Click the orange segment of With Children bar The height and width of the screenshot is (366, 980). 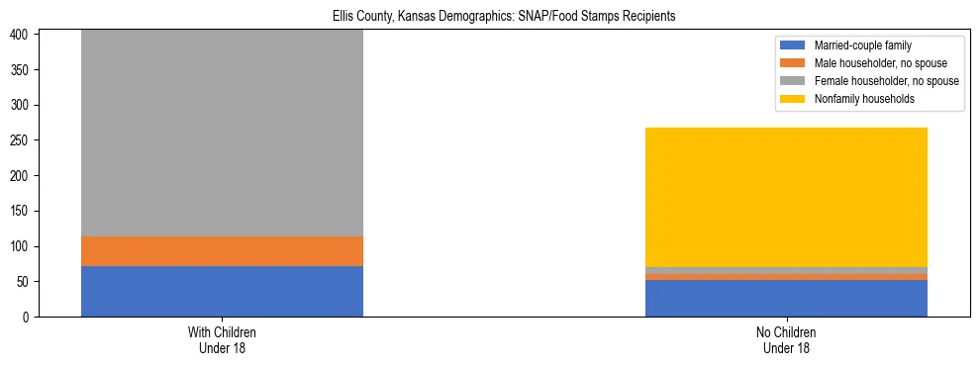point(222,251)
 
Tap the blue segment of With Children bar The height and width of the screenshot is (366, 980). point(222,291)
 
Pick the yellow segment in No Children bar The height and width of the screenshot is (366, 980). point(786,197)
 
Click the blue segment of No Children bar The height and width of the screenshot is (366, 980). point(786,298)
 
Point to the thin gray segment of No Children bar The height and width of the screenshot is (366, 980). point(786,270)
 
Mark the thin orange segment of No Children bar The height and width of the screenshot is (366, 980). point(786,277)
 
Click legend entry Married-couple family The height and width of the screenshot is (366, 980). point(862,46)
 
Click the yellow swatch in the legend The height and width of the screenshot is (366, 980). point(793,99)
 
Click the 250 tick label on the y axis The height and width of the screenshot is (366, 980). point(24,140)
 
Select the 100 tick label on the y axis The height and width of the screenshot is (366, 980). point(24,246)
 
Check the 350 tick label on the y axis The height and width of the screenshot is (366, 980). point(24,70)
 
